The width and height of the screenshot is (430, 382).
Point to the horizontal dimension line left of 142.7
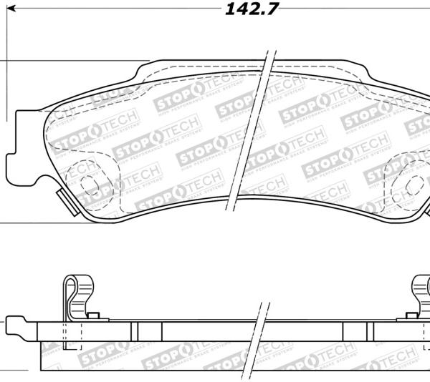(107, 10)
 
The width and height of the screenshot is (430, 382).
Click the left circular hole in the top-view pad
(90, 184)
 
